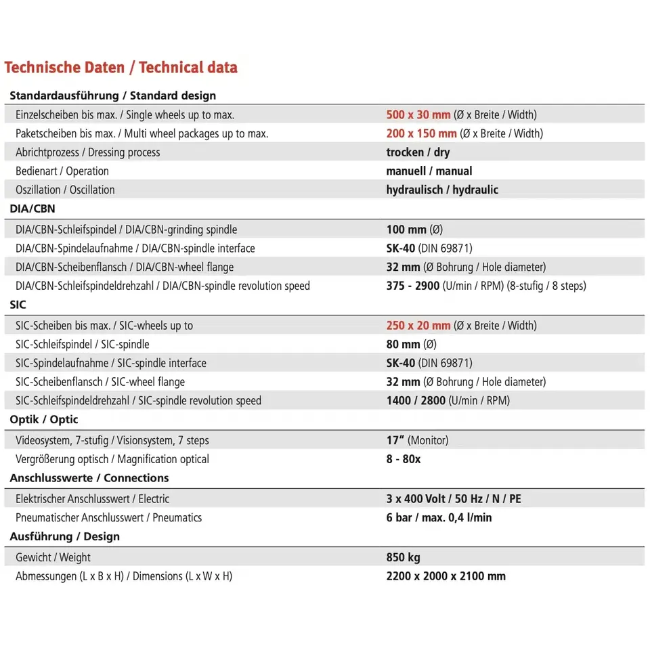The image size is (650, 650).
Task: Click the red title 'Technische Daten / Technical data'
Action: [121, 68]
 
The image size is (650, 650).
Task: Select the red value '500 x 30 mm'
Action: [418, 115]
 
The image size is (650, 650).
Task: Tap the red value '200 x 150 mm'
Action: [421, 133]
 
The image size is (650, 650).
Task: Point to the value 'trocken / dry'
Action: [418, 152]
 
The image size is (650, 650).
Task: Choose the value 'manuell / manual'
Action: [429, 171]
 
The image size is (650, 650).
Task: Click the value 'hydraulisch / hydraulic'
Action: [442, 190]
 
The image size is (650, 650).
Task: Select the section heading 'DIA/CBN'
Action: [32, 209]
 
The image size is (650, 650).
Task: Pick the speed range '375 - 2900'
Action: [412, 286]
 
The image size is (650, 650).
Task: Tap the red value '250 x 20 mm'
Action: [418, 326]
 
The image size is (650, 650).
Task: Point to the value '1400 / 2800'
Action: [416, 401]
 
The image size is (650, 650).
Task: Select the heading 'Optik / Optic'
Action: [44, 420]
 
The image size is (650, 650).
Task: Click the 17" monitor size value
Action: [395, 440]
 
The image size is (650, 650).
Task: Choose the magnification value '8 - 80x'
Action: [404, 459]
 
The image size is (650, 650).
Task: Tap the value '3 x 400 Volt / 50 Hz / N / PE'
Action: [454, 499]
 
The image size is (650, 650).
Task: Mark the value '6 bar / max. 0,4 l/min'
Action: [439, 518]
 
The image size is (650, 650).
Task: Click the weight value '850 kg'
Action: [403, 558]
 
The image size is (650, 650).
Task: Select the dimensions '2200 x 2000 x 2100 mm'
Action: [446, 576]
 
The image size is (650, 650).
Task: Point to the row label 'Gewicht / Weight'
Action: [53, 558]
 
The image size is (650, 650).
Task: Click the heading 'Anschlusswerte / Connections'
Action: [89, 478]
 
